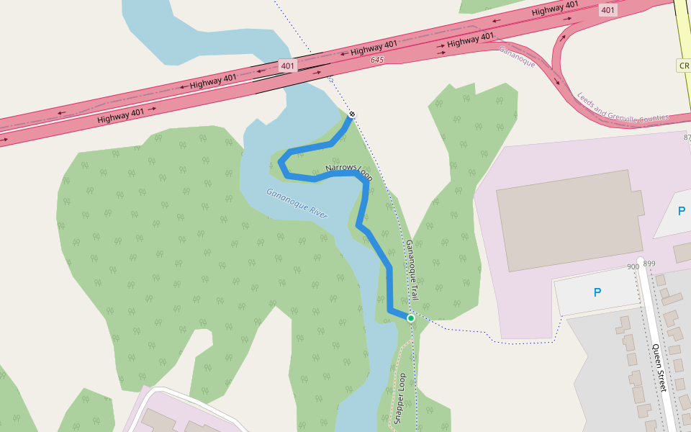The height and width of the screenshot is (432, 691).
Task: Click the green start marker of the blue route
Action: (411, 318)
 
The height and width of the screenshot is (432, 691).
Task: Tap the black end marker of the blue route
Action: (352, 114)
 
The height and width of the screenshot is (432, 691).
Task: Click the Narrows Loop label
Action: (348, 171)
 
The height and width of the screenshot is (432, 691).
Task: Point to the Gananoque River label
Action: (297, 203)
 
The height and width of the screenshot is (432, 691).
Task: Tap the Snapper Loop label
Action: (400, 398)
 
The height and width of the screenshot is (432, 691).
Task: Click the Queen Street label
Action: (660, 367)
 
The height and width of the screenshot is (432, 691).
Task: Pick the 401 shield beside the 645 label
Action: (288, 66)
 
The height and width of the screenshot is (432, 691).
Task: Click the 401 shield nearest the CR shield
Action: (608, 10)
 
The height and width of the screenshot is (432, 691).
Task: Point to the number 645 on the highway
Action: (378, 60)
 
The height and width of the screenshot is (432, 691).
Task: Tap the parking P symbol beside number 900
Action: (597, 292)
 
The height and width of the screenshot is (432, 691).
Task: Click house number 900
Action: (633, 266)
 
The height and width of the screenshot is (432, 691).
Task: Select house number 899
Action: (649, 264)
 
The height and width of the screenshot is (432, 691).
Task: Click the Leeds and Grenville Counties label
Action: (623, 107)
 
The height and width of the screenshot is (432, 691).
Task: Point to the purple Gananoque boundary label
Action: (517, 56)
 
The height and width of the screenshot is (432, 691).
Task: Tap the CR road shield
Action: (683, 66)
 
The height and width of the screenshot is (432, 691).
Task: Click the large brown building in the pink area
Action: (569, 220)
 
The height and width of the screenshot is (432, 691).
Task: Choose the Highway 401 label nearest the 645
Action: (374, 48)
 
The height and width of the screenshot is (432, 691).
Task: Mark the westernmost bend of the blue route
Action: (280, 162)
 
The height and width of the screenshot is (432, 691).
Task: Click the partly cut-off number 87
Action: (686, 137)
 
